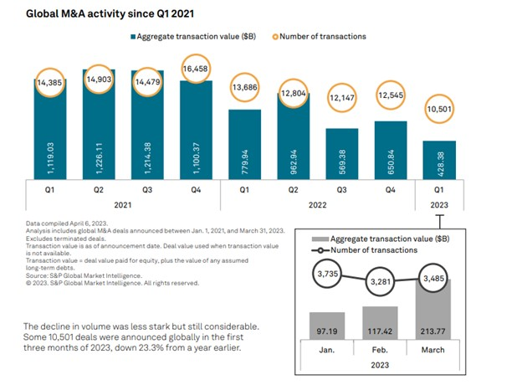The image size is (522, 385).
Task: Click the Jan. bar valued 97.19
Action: pos(326,331)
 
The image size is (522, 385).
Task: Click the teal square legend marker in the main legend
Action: pos(133,37)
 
